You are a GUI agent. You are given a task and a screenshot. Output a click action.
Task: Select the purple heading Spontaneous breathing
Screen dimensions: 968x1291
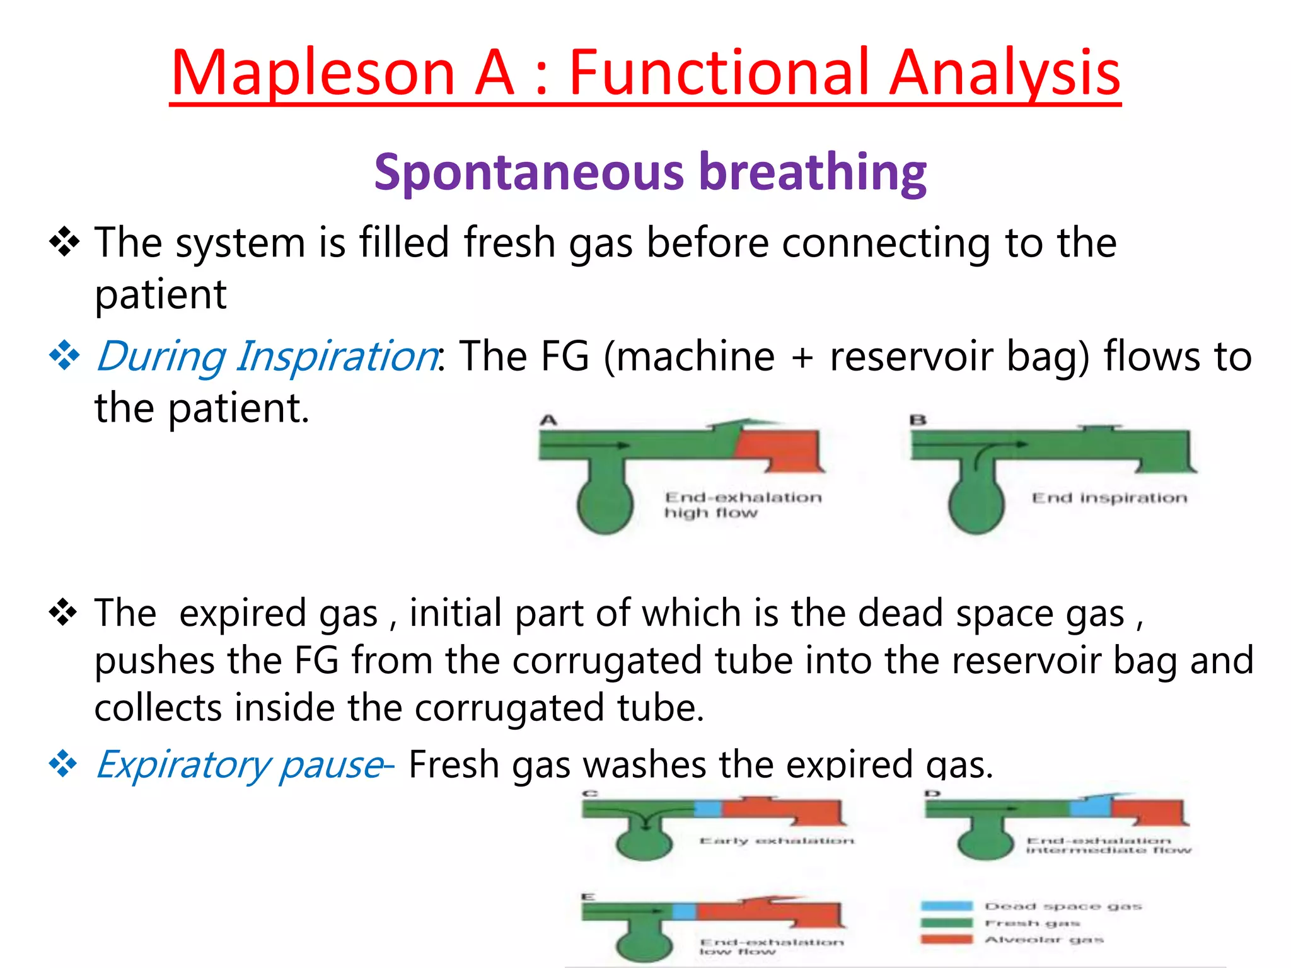pyautogui.click(x=650, y=171)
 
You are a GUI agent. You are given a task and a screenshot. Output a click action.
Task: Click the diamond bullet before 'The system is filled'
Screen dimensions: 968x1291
pyautogui.click(x=64, y=243)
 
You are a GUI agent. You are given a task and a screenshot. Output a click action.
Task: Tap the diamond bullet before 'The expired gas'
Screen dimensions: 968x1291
pyautogui.click(x=63, y=613)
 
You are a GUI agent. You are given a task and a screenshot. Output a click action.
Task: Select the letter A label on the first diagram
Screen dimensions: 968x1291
pyautogui.click(x=548, y=420)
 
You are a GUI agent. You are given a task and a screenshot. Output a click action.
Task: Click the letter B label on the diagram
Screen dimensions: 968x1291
pyautogui.click(x=918, y=420)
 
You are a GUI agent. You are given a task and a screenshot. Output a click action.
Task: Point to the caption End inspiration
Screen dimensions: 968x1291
pyautogui.click(x=1109, y=498)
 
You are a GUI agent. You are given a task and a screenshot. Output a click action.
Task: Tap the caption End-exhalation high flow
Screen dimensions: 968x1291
pyautogui.click(x=743, y=505)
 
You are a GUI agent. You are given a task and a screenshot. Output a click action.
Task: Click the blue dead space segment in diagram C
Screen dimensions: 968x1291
pyautogui.click(x=708, y=809)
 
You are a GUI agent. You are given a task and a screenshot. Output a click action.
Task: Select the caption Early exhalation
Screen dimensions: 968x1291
pyautogui.click(x=777, y=841)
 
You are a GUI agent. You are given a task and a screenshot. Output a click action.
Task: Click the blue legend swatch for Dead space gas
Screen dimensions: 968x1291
pyautogui.click(x=946, y=906)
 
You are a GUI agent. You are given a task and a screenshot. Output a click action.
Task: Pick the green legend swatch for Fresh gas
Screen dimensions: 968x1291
pyautogui.click(x=946, y=923)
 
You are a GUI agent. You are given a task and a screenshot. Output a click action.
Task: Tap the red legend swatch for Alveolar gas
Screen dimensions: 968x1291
pyautogui.click(x=946, y=940)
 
